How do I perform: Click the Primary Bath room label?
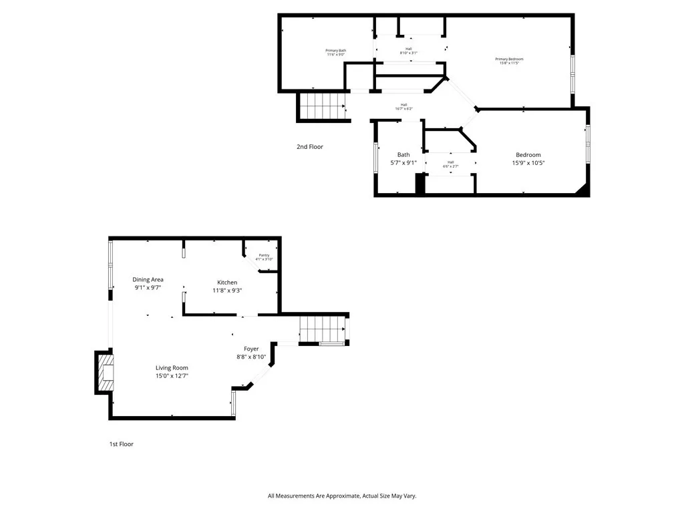pos(336,51)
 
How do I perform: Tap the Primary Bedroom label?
pos(509,59)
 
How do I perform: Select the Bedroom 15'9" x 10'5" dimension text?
pos(528,163)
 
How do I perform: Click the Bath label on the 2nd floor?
pos(403,155)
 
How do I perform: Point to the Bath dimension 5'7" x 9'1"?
pos(403,163)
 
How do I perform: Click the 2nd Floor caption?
pos(310,147)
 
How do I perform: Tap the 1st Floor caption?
pos(122,444)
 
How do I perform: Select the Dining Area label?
pos(148,280)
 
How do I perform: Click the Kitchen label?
pos(227,283)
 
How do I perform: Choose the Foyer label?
pos(251,349)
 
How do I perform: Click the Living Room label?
pos(172,368)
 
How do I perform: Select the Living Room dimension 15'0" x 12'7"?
pos(172,376)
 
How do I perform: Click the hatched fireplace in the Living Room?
pos(106,373)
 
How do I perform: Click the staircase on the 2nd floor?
pos(321,106)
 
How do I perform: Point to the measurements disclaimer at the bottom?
pos(342,496)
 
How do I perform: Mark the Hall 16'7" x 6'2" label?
pos(403,106)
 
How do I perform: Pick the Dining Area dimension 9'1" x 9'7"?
pos(148,288)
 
